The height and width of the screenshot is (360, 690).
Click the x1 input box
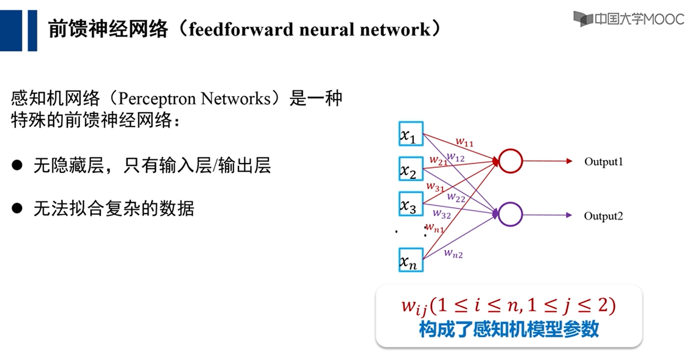411,134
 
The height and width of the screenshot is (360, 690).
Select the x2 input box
411,170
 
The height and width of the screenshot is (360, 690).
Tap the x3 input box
411,204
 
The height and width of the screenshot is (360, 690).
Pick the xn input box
411,260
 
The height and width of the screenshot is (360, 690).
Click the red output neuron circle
510,162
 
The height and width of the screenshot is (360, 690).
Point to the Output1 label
603,162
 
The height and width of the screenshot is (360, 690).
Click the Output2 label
603,216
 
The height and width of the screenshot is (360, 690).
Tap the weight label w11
464,143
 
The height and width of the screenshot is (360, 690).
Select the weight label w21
438,159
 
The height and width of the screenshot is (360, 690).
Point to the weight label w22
456,197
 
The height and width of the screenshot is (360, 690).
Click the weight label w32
441,214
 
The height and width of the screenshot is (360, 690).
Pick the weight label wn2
454,254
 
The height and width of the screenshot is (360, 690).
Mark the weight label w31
435,187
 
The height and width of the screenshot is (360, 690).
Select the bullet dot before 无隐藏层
18,165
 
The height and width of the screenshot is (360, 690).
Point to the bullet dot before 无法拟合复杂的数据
18,208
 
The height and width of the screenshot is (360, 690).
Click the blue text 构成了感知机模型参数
509,330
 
